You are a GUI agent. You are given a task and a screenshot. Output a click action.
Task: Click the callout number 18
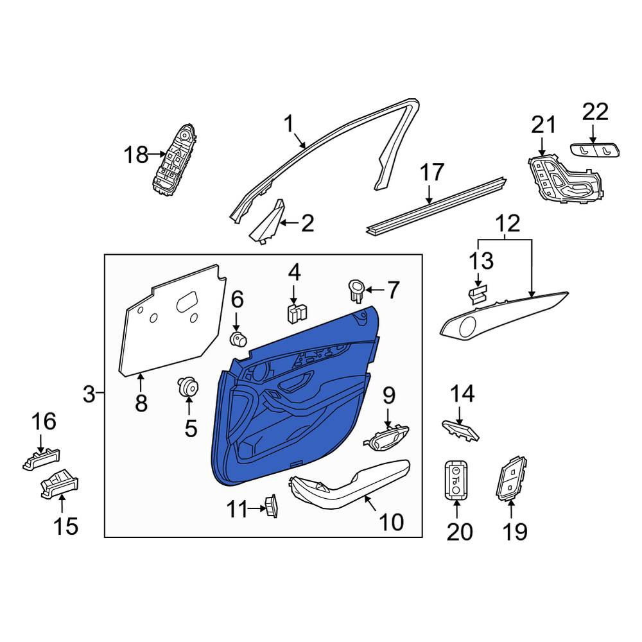point(136,155)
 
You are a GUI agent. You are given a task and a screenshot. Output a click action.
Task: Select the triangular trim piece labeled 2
point(266,222)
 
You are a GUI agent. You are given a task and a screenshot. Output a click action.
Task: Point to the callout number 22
point(595,111)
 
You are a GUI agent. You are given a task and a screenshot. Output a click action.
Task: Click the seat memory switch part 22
point(595,150)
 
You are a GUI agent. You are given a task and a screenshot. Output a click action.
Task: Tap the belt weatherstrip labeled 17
point(436,207)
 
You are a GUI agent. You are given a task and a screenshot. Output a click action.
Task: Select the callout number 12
point(508,223)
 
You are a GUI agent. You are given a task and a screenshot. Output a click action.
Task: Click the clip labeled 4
point(297,313)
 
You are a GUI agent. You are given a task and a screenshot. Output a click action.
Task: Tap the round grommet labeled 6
point(238,340)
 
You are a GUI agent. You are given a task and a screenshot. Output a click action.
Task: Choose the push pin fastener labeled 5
point(188,387)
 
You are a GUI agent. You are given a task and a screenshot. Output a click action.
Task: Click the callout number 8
point(141,403)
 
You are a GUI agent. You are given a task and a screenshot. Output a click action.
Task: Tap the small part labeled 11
point(272,506)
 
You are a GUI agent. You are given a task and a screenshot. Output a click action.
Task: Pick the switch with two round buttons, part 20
point(456,480)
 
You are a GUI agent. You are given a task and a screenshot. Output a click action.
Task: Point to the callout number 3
point(89,395)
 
